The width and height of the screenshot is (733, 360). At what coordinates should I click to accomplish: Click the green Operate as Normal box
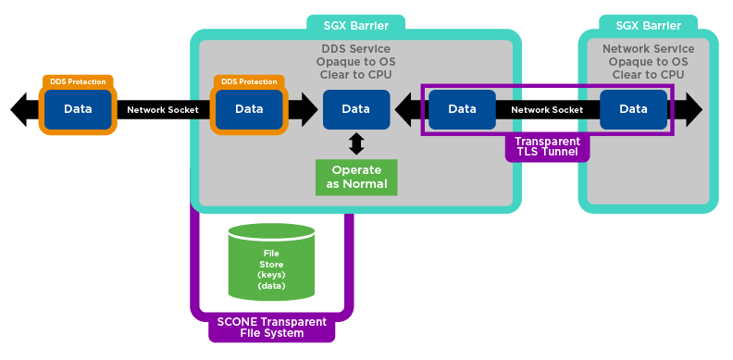click(x=356, y=178)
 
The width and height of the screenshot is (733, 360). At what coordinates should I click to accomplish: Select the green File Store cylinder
click(x=271, y=265)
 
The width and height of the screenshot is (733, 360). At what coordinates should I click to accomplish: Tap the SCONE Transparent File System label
click(x=271, y=327)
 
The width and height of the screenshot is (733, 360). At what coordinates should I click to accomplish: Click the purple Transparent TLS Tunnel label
click(x=547, y=146)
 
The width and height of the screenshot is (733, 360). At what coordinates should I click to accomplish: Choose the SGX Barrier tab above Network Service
click(x=648, y=25)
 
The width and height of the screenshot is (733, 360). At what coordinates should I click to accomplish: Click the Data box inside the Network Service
click(x=633, y=109)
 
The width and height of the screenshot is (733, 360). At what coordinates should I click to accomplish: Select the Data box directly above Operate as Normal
click(x=356, y=109)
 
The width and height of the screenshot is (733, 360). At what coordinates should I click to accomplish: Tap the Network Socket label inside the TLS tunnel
click(x=547, y=109)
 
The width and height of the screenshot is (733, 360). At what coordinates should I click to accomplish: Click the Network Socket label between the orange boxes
click(x=163, y=109)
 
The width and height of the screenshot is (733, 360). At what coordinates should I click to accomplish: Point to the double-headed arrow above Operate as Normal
click(x=356, y=144)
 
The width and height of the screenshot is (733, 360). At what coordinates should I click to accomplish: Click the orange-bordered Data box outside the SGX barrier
click(x=78, y=109)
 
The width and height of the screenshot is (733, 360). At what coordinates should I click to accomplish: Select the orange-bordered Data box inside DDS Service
click(x=249, y=109)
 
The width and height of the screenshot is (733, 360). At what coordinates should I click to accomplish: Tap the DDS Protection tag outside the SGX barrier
click(x=78, y=82)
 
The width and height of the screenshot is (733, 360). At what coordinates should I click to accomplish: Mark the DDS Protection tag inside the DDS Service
click(x=249, y=82)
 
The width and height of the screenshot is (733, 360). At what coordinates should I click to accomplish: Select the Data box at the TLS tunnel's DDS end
click(x=462, y=109)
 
